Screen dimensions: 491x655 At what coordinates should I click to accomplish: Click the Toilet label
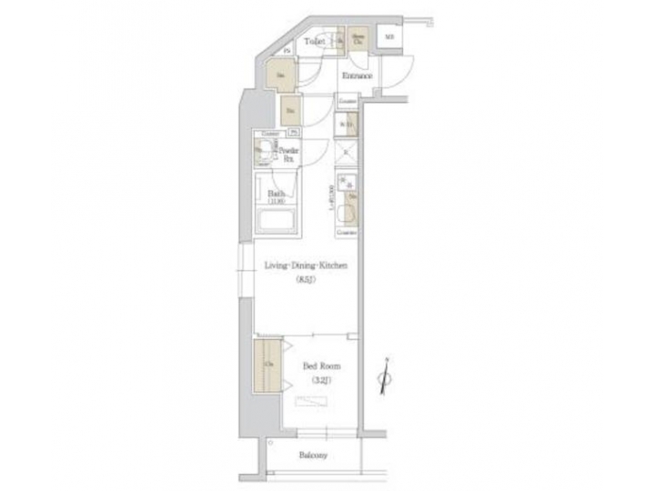tap(315, 41)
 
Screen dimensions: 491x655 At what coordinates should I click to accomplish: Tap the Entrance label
tap(356, 76)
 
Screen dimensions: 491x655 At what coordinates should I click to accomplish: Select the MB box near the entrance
tap(388, 38)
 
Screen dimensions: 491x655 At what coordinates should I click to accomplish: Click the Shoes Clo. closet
tap(359, 39)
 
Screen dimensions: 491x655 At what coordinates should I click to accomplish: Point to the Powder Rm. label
tap(289, 155)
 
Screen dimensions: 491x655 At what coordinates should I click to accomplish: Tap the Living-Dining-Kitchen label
tap(306, 266)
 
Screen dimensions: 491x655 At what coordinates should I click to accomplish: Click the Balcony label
tap(311, 456)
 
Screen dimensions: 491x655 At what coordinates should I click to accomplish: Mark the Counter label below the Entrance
tap(348, 100)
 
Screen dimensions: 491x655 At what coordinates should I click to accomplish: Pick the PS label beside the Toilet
tap(287, 51)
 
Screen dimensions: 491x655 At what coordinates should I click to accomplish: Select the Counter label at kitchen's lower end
tap(346, 233)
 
